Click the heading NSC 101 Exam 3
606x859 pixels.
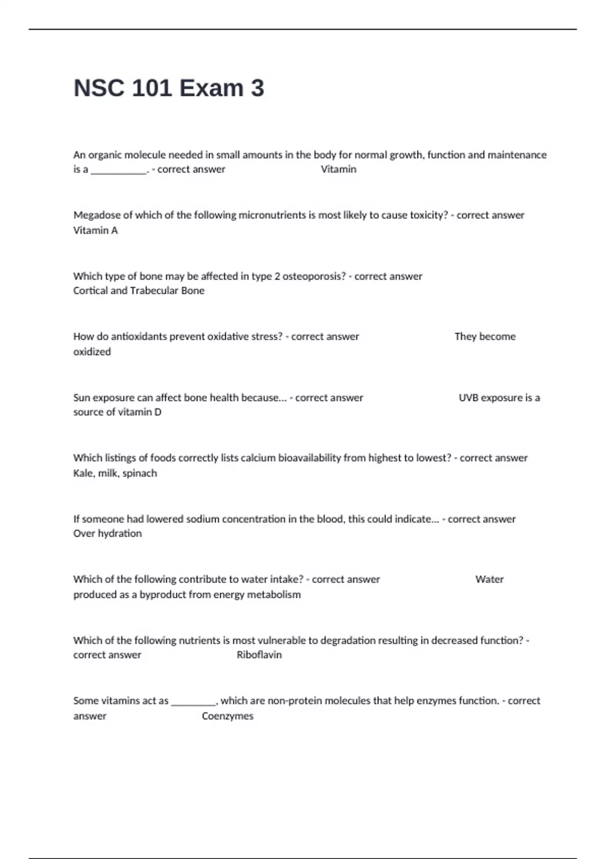169,88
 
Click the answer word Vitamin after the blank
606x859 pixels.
338,169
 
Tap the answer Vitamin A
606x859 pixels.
95,230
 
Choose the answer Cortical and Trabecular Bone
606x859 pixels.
139,291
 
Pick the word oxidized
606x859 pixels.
92,352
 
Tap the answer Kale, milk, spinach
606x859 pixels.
115,473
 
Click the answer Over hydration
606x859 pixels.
108,534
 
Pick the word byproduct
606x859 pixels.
164,595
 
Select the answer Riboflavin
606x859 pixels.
259,655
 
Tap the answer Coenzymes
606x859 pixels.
228,716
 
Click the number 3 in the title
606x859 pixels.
257,88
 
